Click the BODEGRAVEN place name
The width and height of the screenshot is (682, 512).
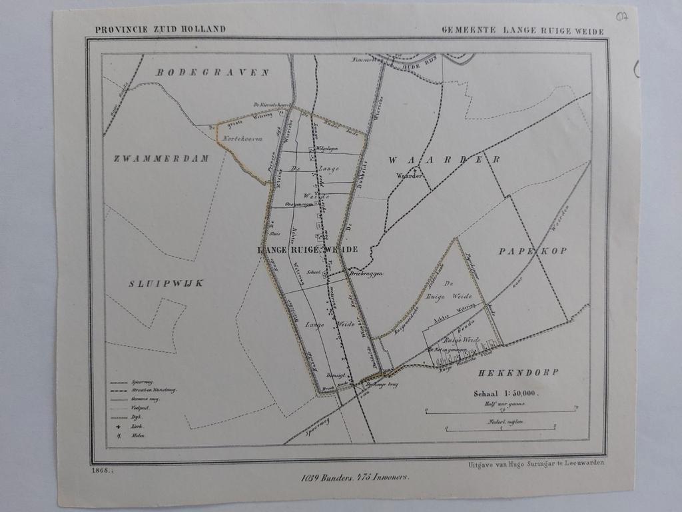tap(212, 72)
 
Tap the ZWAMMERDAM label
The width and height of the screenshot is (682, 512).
tap(161, 159)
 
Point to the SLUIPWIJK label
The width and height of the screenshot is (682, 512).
tap(166, 283)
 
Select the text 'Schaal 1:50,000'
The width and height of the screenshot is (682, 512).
tap(506, 393)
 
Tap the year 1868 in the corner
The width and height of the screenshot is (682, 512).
tap(100, 471)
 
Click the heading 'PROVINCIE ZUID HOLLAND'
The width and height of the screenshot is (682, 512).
tap(160, 29)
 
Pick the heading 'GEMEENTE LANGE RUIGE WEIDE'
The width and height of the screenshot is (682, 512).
tap(523, 31)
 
